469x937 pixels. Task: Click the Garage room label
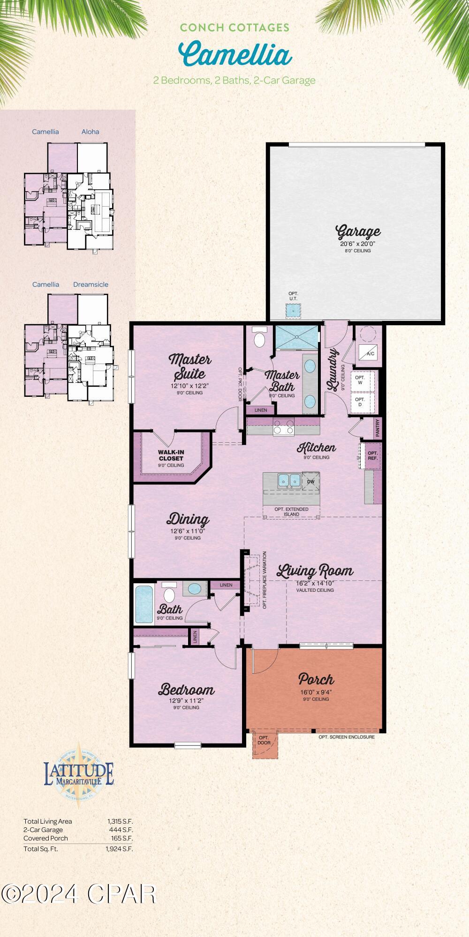pos(358,231)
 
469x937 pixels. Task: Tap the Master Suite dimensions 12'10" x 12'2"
pos(190,386)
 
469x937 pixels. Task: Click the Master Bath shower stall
pos(296,337)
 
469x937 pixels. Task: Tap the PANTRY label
pos(378,427)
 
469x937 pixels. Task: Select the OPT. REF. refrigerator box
pos(372,455)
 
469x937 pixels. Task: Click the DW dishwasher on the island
pos(310,481)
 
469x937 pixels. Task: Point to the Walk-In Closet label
pos(171,455)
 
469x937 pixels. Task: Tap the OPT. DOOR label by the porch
pos(264,740)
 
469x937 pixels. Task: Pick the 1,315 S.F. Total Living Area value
pos(120,821)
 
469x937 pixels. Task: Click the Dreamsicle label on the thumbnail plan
pos(91,284)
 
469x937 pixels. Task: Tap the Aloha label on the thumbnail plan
pos(90,132)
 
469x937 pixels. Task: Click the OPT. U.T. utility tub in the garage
pos(293,310)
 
